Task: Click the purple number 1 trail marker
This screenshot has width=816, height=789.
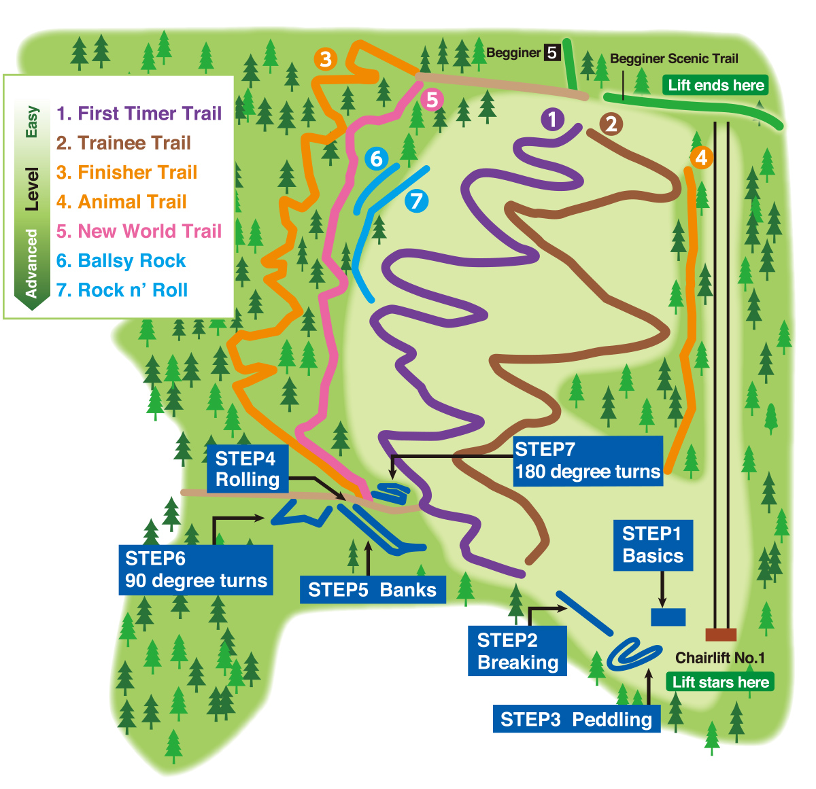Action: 552,120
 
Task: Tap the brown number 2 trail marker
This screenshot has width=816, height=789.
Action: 611,124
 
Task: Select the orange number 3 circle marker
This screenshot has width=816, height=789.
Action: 326,59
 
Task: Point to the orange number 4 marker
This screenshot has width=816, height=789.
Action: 701,158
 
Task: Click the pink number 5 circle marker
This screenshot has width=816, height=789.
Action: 432,100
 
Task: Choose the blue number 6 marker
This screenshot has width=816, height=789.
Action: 376,159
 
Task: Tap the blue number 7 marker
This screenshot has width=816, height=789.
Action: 416,201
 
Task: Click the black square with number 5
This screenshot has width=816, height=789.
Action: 551,52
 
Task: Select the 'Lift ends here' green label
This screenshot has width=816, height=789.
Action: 716,86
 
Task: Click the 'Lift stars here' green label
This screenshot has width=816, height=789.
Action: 721,682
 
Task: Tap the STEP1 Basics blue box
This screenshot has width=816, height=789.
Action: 653,545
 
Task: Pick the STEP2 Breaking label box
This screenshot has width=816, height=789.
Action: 517,651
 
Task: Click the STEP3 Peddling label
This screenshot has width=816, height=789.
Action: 576,719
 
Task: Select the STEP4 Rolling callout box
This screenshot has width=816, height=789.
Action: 248,469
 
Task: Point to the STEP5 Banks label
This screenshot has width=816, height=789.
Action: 372,589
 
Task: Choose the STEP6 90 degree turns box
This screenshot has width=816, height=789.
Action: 196,569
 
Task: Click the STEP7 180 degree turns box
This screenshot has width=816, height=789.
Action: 588,461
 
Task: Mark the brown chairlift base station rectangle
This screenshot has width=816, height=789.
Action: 721,635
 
